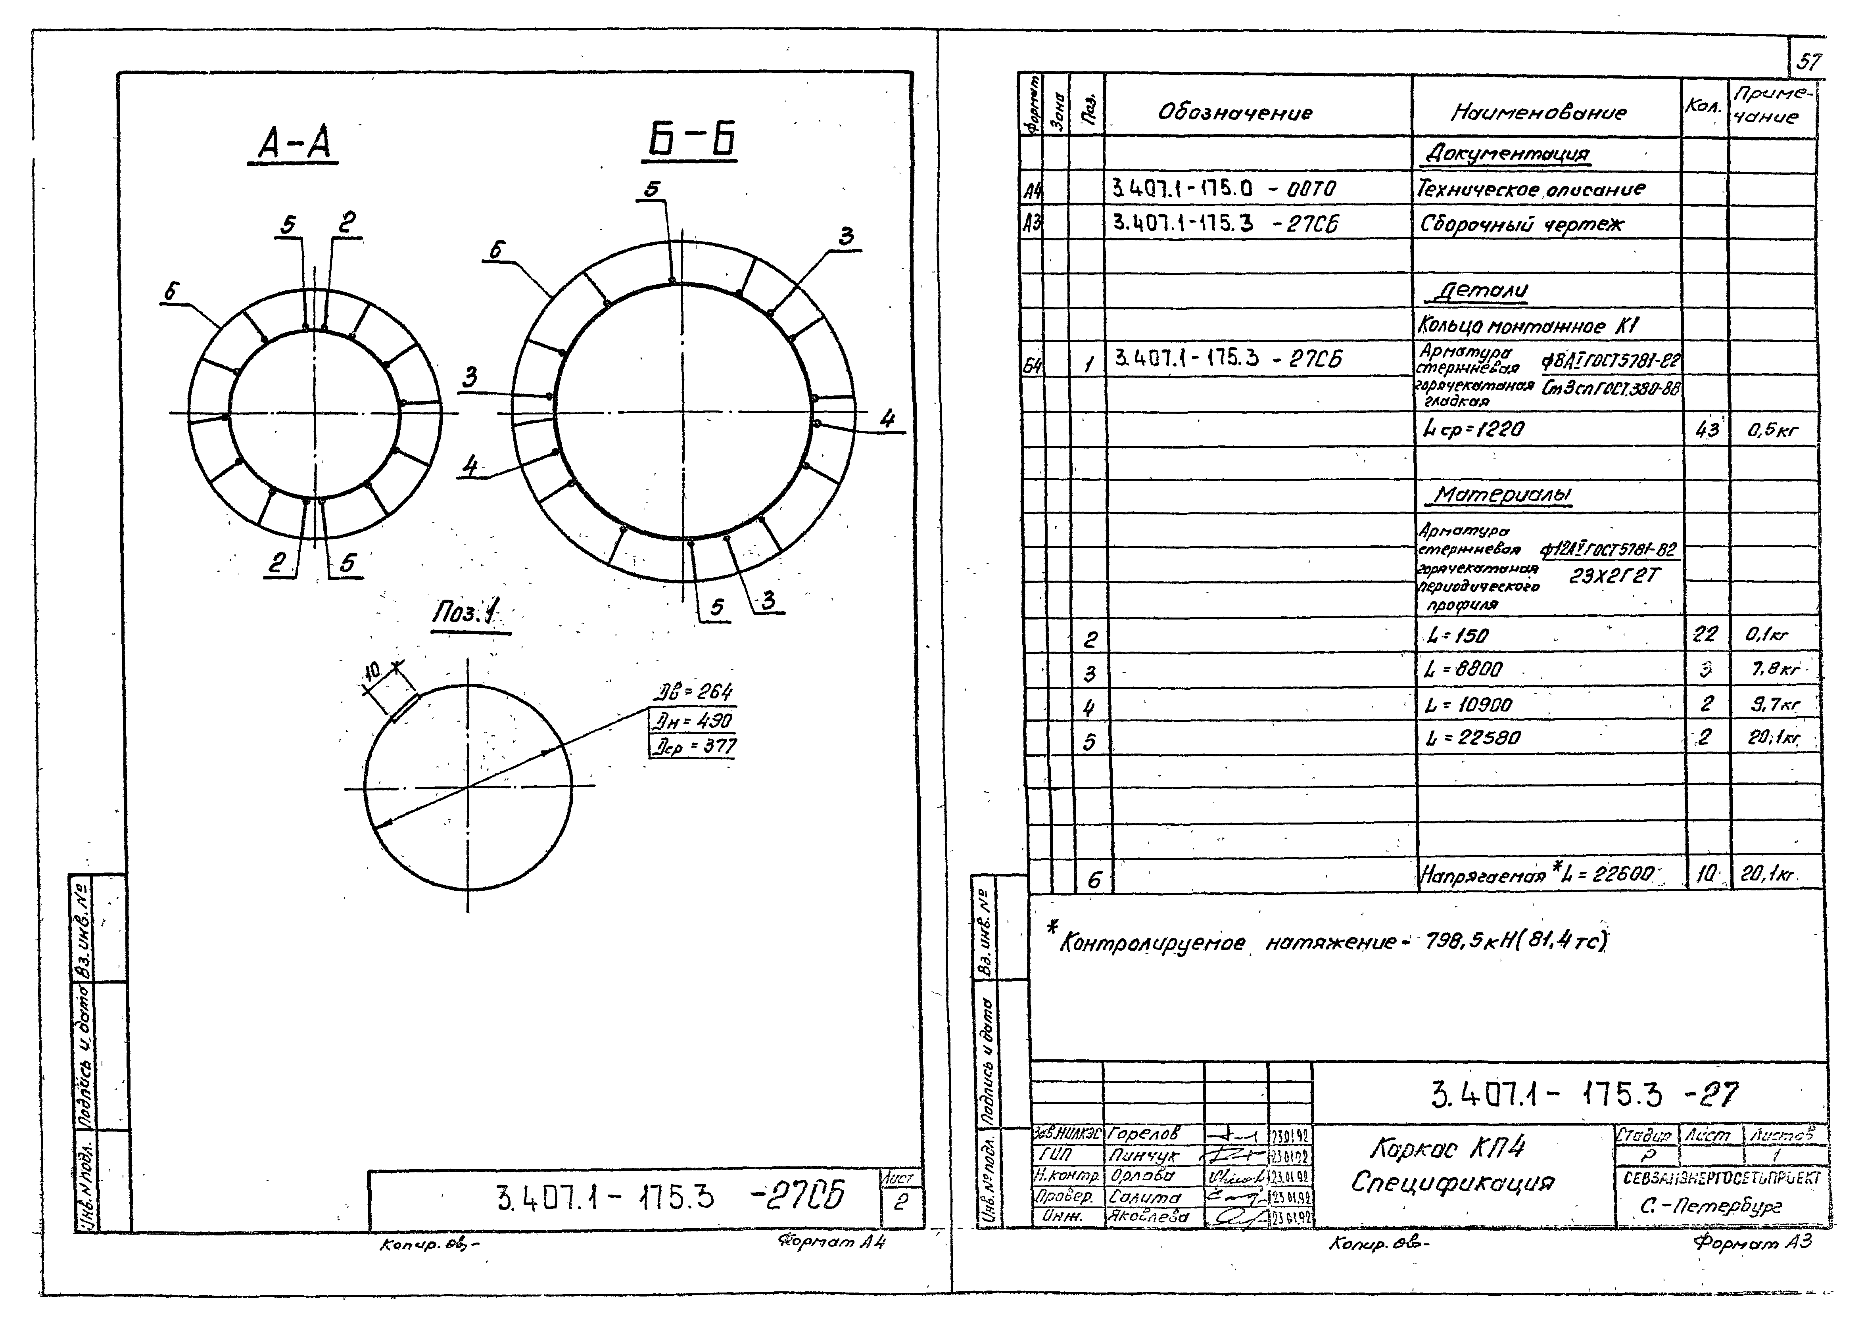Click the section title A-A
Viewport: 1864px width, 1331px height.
tap(294, 145)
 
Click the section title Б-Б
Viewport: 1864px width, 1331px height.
tap(690, 139)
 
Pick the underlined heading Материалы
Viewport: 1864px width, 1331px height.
tap(1503, 494)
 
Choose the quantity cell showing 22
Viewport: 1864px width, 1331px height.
tap(1705, 634)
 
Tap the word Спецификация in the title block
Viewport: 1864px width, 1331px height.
tap(1453, 1183)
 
